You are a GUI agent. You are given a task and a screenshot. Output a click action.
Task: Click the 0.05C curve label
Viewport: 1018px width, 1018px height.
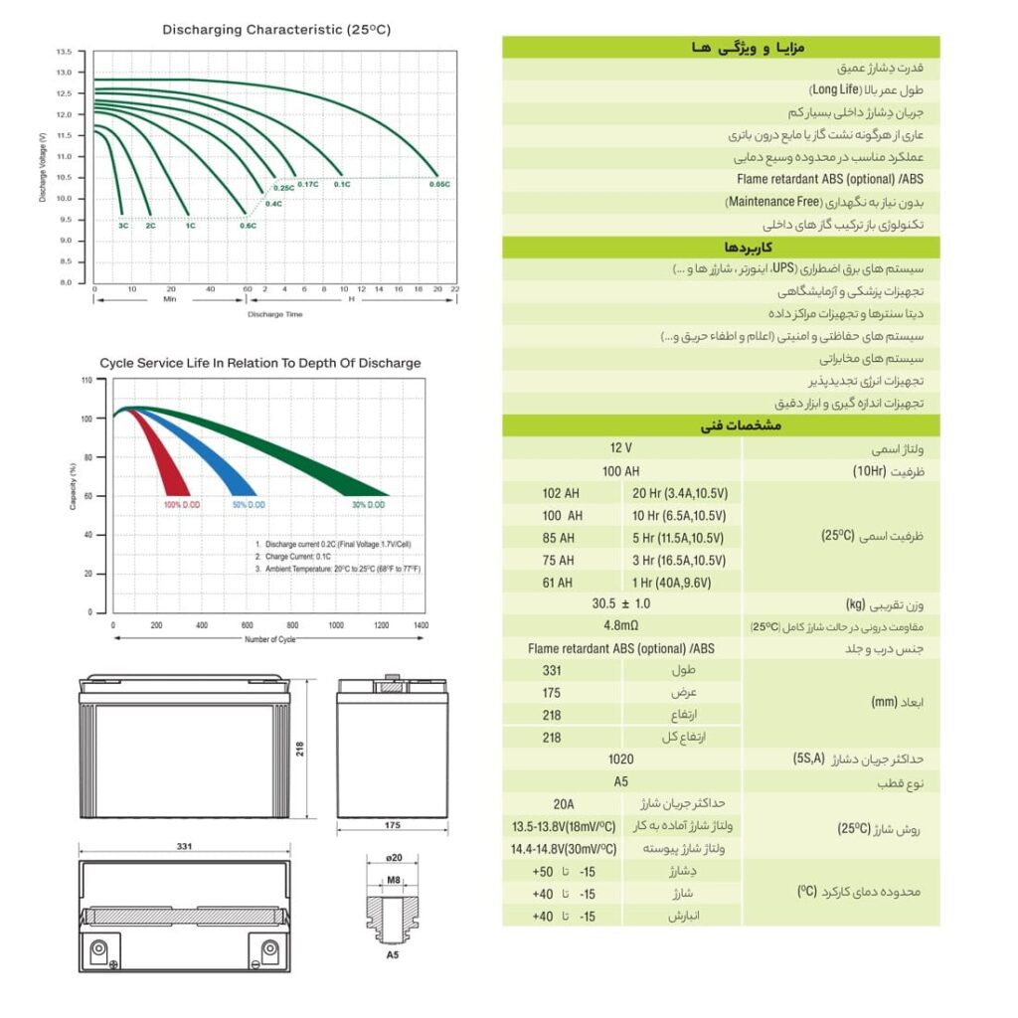click(x=439, y=185)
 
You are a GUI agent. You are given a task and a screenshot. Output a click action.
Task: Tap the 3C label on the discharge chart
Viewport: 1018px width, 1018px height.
click(x=123, y=227)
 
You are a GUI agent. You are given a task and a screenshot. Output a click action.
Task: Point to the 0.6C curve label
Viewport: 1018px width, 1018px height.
click(x=248, y=227)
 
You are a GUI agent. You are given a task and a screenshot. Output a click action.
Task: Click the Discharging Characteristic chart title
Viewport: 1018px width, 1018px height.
click(x=276, y=30)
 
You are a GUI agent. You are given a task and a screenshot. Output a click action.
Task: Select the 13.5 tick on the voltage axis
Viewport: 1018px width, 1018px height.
click(x=64, y=51)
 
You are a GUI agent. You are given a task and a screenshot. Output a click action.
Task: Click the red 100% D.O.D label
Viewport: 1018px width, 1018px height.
click(x=182, y=505)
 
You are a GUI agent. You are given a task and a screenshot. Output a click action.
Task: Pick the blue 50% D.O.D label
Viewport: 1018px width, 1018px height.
click(x=249, y=505)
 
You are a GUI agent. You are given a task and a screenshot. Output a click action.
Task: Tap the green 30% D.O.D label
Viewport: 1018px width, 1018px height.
click(x=369, y=505)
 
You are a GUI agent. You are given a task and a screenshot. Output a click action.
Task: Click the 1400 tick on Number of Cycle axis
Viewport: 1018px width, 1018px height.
click(x=420, y=625)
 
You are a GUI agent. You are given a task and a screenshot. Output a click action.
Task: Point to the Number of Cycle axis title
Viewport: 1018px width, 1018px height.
click(x=269, y=639)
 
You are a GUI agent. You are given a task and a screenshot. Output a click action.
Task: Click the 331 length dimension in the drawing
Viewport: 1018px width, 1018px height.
click(x=184, y=846)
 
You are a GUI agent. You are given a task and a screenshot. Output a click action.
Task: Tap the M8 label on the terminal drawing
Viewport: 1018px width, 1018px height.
click(x=393, y=881)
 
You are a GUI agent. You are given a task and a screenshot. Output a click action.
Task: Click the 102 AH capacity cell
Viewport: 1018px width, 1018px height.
click(x=561, y=493)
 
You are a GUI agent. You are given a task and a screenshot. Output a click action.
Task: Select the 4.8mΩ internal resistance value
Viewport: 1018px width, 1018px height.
click(x=621, y=626)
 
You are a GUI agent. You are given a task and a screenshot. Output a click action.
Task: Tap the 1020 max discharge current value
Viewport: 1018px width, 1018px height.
click(x=621, y=759)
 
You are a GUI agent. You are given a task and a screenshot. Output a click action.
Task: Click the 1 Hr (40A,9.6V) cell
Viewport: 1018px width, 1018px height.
click(x=679, y=583)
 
